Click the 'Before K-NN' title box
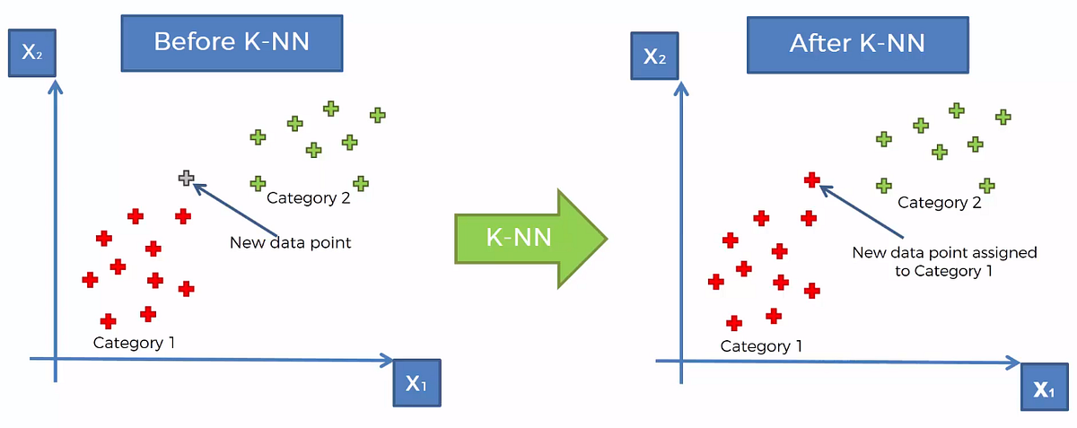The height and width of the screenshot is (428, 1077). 232,42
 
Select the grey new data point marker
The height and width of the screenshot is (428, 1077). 186,178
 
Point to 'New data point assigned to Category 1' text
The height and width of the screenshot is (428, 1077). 943,261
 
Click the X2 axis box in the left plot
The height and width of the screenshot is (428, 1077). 31,52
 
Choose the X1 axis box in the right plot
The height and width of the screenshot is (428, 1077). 1043,388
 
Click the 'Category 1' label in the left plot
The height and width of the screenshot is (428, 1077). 134,342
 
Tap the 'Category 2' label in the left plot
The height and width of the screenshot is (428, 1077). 308,198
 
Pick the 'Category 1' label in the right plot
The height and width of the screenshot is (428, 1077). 761,345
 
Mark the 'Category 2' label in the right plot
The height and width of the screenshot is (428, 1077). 939,203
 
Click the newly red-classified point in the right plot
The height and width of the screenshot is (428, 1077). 811,179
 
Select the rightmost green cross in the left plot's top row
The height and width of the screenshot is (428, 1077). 377,115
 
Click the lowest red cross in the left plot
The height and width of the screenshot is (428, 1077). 108,320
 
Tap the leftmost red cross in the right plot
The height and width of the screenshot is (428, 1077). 715,281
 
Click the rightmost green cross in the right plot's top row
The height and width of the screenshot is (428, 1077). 1003,117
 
